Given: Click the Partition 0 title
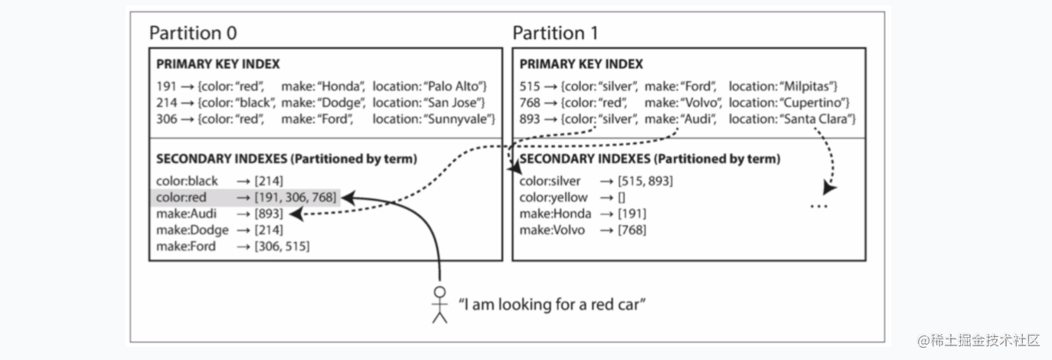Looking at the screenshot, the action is [x=193, y=33].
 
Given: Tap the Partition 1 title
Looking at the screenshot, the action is [x=555, y=33].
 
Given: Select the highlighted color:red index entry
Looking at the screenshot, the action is [x=246, y=198].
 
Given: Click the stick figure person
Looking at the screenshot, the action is [x=439, y=305].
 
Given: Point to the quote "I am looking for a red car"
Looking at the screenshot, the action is [x=552, y=305].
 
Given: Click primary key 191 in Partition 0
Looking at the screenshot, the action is [x=166, y=87].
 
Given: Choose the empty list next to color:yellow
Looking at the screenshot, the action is [x=622, y=198].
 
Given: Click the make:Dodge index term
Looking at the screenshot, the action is [x=192, y=230].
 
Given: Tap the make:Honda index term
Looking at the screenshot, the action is [x=555, y=214].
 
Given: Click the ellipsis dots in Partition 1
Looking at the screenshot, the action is [x=819, y=206].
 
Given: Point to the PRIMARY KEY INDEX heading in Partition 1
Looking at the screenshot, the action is [x=581, y=64].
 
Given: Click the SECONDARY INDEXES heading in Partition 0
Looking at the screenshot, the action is [x=286, y=159].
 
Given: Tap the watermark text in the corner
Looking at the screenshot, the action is [x=978, y=340].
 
